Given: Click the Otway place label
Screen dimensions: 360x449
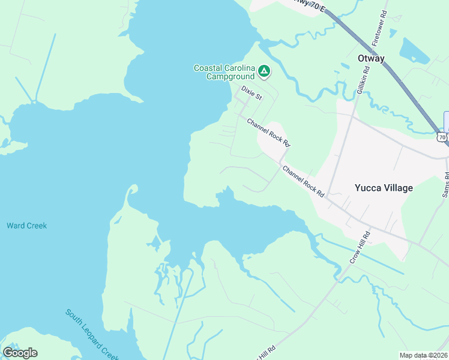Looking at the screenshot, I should [x=370, y=58].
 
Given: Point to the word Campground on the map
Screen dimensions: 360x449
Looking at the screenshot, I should [x=230, y=76].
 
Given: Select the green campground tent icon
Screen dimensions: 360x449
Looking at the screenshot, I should [x=264, y=73].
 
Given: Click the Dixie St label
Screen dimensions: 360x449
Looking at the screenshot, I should [x=252, y=92].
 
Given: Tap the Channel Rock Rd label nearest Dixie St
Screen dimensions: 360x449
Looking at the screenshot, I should [x=268, y=133].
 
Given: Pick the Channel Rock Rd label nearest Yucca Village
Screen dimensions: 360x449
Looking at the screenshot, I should [x=303, y=182].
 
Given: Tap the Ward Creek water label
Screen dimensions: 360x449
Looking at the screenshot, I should [x=26, y=226].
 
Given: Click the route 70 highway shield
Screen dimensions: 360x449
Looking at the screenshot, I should [x=442, y=137].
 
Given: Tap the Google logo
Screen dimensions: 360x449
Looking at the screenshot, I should [x=20, y=353].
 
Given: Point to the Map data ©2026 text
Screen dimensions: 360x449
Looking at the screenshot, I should [x=423, y=355].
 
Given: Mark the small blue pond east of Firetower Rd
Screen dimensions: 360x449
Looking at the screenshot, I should [x=415, y=52].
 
